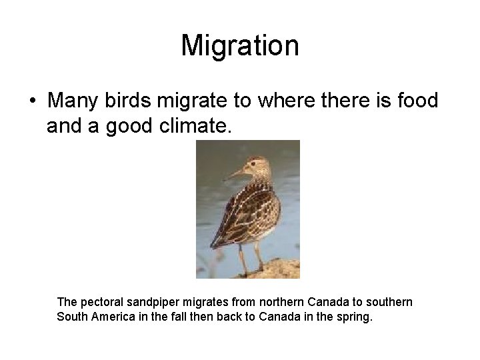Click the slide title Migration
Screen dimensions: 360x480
240,46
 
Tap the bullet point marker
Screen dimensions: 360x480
31,102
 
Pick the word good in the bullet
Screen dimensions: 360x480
132,127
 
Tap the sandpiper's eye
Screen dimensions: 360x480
253,163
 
